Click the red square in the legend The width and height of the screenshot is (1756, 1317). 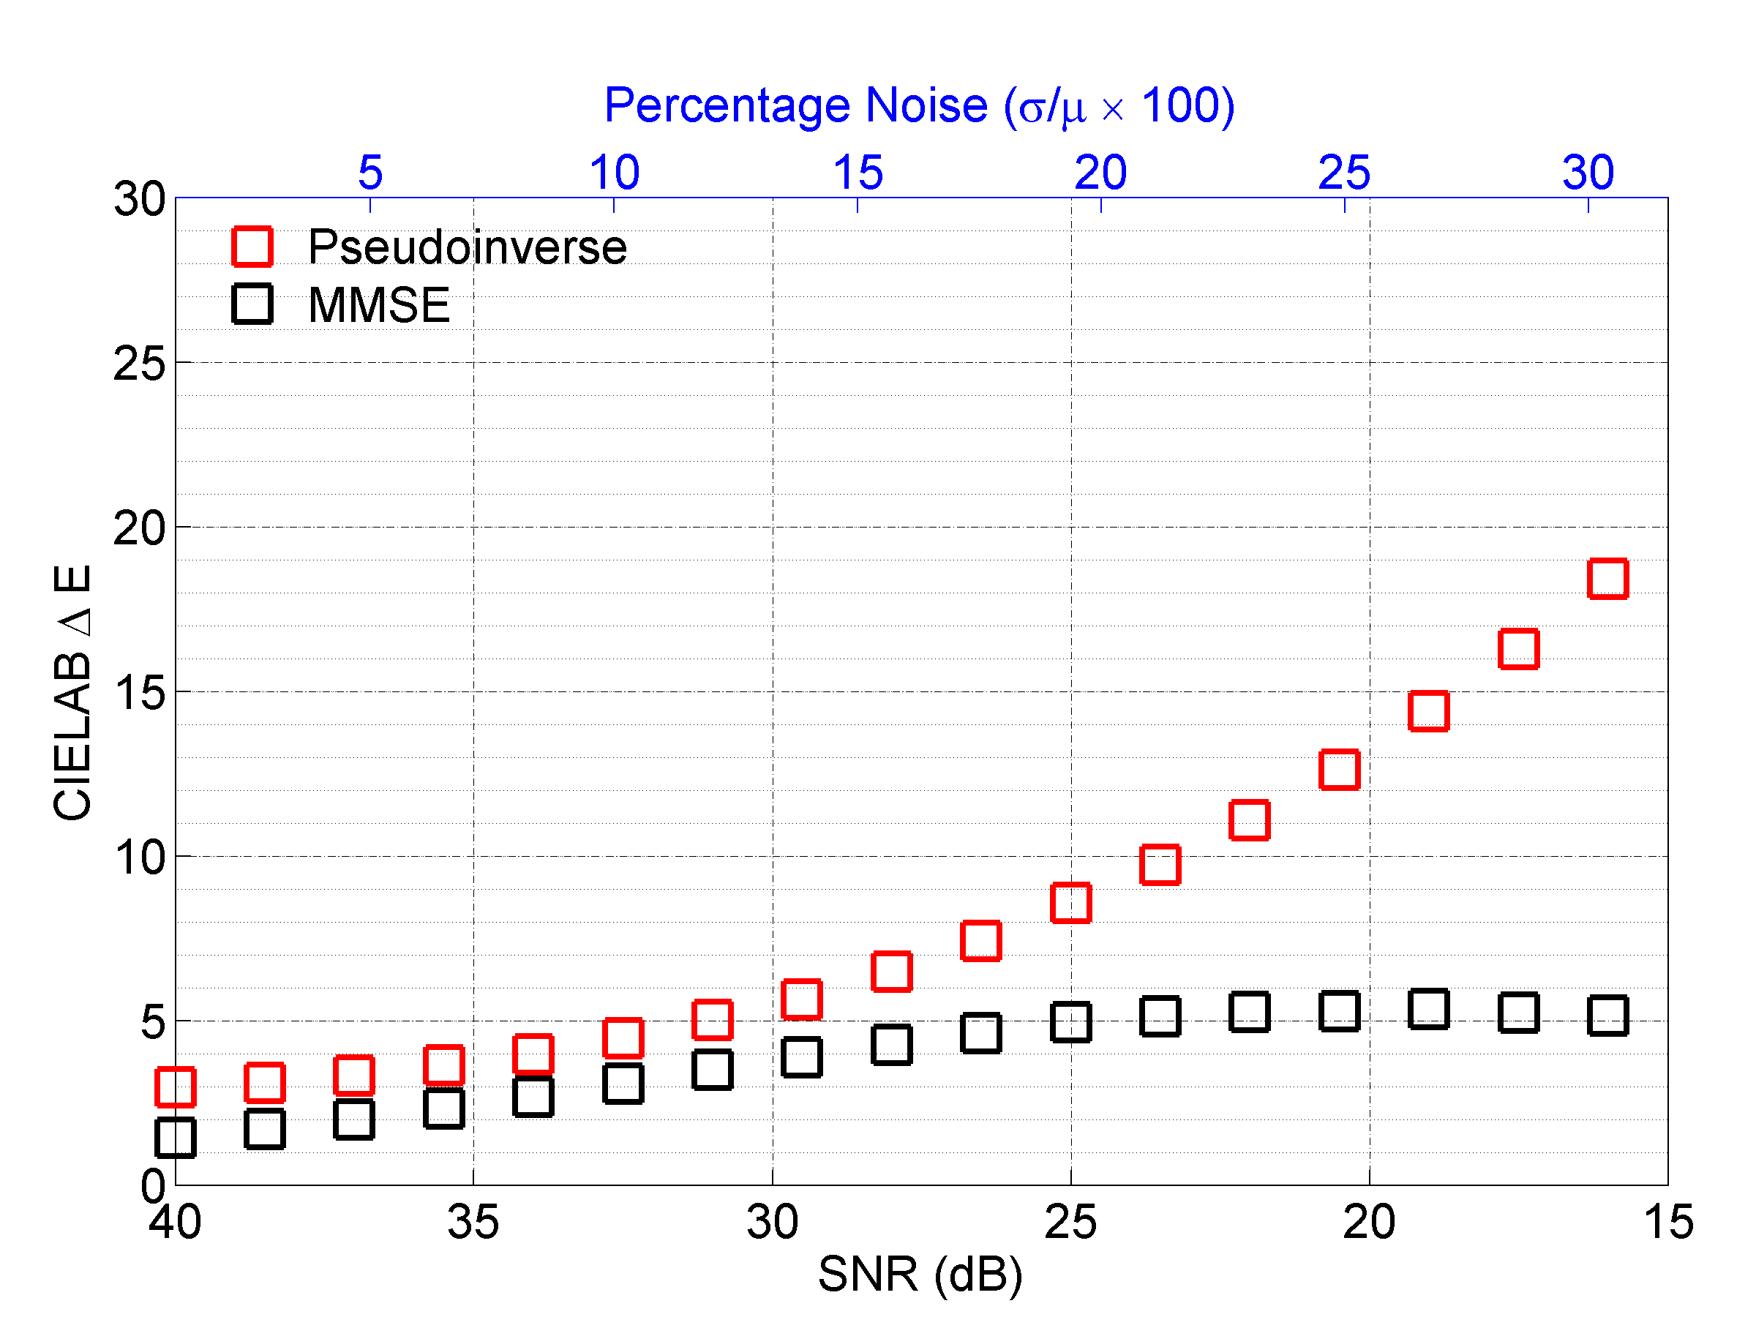pyautogui.click(x=252, y=246)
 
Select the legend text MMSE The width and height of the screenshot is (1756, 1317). pyautogui.click(x=379, y=305)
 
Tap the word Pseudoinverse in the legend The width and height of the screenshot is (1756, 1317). pyautogui.click(x=467, y=247)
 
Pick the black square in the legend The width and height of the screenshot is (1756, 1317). pyautogui.click(x=252, y=304)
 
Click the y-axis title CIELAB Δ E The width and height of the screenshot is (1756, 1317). pyautogui.click(x=72, y=692)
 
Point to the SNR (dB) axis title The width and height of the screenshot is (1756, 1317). pyautogui.click(x=920, y=1274)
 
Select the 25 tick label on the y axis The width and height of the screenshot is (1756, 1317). pyautogui.click(x=139, y=364)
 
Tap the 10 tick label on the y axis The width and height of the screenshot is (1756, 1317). pyautogui.click(x=139, y=858)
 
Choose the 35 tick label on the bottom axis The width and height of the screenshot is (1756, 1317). pyautogui.click(x=473, y=1222)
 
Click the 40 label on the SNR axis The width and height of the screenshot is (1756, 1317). pyautogui.click(x=175, y=1222)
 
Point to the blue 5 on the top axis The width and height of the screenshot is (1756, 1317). pyautogui.click(x=370, y=172)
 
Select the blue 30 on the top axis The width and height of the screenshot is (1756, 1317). pyautogui.click(x=1588, y=172)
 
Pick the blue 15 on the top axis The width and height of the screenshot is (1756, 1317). pyautogui.click(x=858, y=172)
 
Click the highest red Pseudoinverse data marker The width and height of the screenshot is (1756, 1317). pyautogui.click(x=1607, y=578)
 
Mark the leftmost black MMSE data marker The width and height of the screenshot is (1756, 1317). pyautogui.click(x=175, y=1138)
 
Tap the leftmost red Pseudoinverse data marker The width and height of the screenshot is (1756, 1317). pyautogui.click(x=175, y=1087)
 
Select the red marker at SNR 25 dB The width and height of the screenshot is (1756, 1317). pyautogui.click(x=1070, y=903)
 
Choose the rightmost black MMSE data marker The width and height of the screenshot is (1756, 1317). pyautogui.click(x=1607, y=1016)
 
